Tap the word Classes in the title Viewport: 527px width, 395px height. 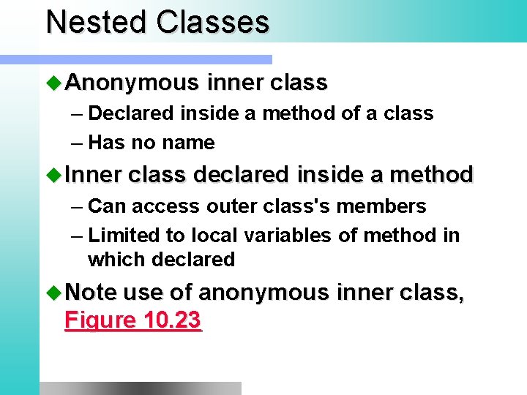pyautogui.click(x=212, y=23)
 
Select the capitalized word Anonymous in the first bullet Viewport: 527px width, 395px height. pyautogui.click(x=132, y=83)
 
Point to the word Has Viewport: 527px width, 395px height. pyautogui.click(x=107, y=143)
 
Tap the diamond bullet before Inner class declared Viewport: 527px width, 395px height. pyautogui.click(x=54, y=175)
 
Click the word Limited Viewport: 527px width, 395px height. pyautogui.click(x=123, y=236)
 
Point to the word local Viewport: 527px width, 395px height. pyautogui.click(x=216, y=236)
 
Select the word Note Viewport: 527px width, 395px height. pyautogui.click(x=91, y=293)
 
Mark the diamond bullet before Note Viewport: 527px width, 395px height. pyautogui.click(x=54, y=293)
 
